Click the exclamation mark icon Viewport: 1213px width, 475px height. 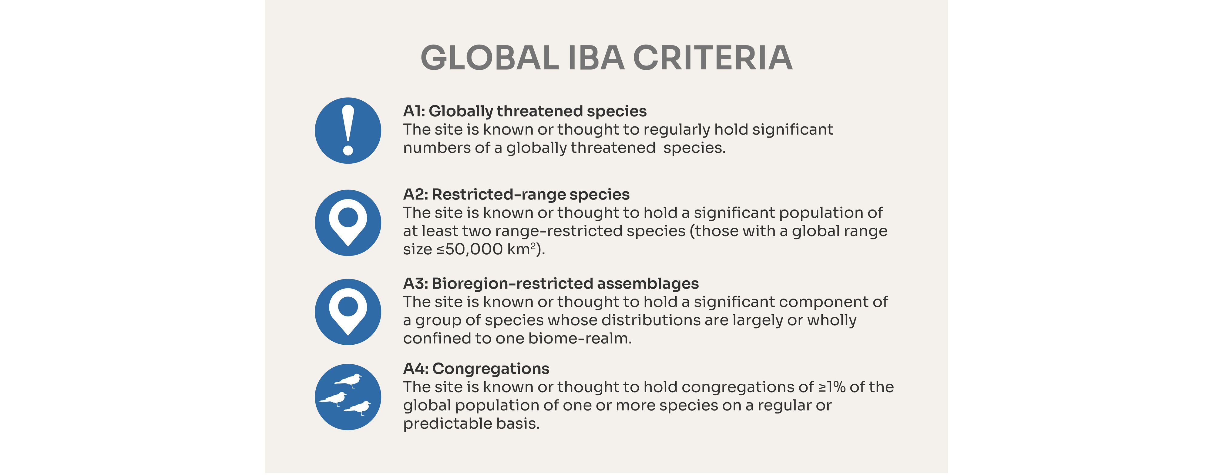point(348,130)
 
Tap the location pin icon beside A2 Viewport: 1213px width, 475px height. point(348,223)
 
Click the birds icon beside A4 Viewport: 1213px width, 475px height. point(348,397)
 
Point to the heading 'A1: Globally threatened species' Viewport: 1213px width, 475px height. point(525,112)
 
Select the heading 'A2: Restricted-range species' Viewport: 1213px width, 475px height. point(516,194)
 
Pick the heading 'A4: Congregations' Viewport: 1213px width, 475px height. point(476,369)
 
